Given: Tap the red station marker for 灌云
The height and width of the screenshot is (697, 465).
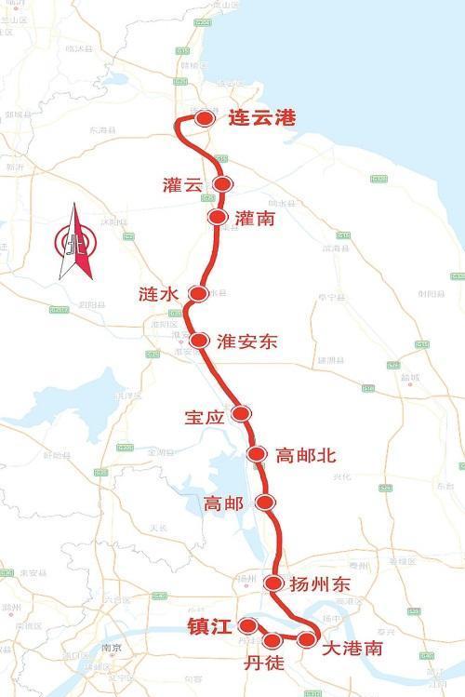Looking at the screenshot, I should (222, 184).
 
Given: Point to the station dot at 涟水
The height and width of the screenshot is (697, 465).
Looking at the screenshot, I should (198, 294).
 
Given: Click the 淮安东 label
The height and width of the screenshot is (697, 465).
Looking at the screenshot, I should (246, 342).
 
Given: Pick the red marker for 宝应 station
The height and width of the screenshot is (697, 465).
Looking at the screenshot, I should (241, 413).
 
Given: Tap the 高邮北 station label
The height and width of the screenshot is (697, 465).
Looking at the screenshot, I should (306, 455).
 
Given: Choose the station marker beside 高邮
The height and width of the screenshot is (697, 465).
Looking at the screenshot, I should (266, 503).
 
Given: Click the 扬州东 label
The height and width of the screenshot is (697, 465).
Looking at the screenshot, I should (320, 584).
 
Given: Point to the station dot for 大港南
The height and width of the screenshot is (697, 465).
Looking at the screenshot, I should (307, 639).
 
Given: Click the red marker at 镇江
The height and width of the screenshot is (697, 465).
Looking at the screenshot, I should (247, 625).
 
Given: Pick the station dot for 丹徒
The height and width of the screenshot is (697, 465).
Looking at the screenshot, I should (272, 640).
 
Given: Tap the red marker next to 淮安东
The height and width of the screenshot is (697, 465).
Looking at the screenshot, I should (198, 341).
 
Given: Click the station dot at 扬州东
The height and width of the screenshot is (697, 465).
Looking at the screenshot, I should (273, 583).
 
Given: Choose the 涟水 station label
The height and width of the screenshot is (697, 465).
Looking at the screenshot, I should (157, 295).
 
